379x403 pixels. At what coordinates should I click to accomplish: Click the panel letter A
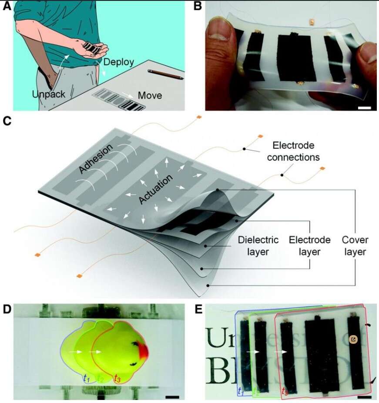[x=7, y=7]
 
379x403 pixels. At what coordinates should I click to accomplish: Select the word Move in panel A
[x=150, y=95]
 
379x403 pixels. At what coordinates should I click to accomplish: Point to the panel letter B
[x=197, y=7]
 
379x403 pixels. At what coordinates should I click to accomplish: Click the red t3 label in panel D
[x=117, y=378]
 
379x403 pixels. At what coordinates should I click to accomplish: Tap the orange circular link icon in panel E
[x=353, y=339]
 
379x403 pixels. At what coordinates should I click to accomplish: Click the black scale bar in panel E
[x=365, y=397]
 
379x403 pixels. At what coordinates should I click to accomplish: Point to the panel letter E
[x=198, y=309]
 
